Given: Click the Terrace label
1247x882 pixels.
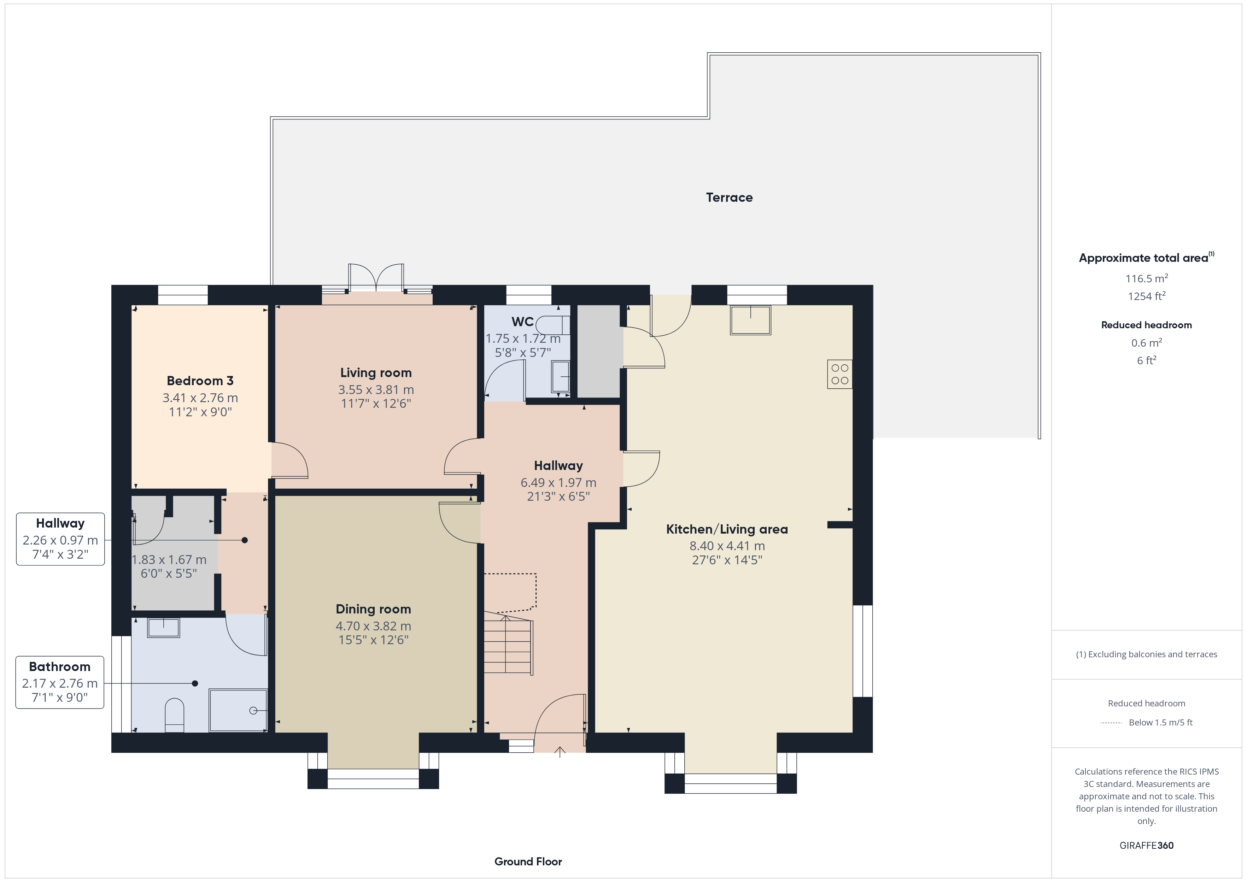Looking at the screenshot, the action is pos(729,198).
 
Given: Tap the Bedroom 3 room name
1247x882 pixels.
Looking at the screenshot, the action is pos(200,381).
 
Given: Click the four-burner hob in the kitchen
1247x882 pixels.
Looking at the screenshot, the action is pos(840,374).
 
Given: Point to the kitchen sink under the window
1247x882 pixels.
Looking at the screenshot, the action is pos(751,320).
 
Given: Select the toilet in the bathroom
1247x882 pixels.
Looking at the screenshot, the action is pos(174,715).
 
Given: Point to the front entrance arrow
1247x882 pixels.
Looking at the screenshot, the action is pos(560,752).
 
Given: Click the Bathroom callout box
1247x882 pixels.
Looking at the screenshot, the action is pos(60,682).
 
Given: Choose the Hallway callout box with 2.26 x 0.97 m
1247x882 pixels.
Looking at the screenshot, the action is pos(60,539).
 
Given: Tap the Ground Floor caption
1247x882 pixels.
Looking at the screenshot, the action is pos(528,862).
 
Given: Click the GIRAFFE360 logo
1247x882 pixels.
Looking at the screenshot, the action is pos(1147,846).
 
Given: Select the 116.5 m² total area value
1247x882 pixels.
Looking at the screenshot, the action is pos(1147,278).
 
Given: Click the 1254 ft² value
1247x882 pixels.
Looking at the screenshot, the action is pos(1147,296).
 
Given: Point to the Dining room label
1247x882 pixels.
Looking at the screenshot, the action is pos(373,609).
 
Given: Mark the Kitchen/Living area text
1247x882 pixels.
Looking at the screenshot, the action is pos(727,530).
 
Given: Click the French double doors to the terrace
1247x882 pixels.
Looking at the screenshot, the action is pos(376,278).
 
